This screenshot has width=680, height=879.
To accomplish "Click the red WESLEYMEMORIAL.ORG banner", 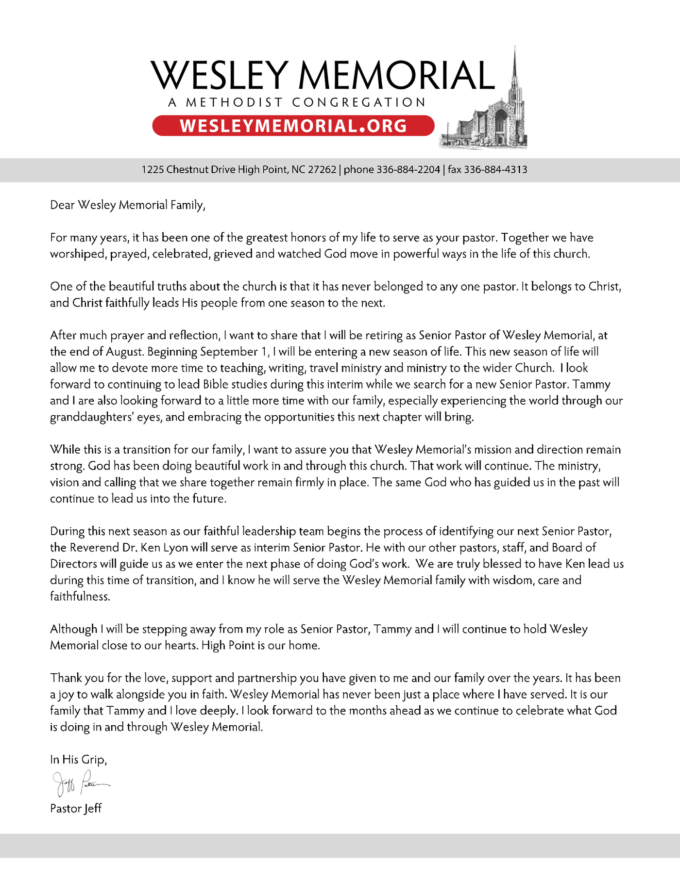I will (293, 126).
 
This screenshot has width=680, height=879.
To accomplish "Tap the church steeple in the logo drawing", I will (514, 73).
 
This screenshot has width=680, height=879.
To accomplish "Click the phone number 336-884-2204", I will (408, 170).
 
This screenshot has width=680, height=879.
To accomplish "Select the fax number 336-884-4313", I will (495, 170).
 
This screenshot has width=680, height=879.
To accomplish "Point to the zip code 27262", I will (322, 170).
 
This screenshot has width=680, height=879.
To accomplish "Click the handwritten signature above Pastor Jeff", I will (80, 782).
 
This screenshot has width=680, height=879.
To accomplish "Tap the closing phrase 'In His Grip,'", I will (78, 760).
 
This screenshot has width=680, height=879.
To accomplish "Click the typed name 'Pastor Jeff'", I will (76, 809).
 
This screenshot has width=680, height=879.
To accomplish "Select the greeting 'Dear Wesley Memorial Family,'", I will (128, 205).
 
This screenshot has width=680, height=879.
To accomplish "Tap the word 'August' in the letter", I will (123, 352).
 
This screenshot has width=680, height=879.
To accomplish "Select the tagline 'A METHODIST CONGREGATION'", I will (297, 103).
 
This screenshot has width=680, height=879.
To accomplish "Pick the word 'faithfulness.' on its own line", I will (80, 597).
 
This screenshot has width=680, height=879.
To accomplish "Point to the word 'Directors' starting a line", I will (73, 564).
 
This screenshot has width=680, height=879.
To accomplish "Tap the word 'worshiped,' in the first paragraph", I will (78, 254).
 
